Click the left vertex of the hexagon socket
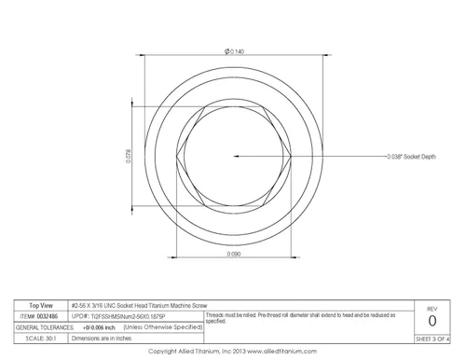point(177,159)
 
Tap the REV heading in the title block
point(432,307)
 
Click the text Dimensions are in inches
point(104,337)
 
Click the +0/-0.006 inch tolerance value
point(98,326)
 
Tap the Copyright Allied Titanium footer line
point(233,351)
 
